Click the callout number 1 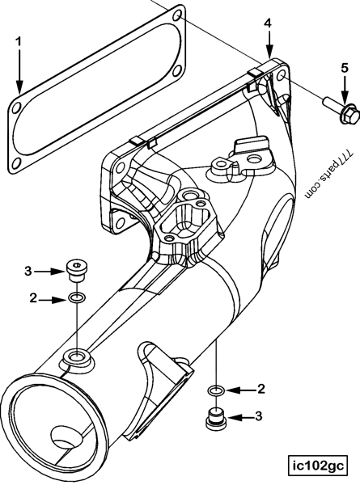[19, 41]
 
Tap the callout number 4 [268, 23]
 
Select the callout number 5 [345, 68]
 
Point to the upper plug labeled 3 [77, 270]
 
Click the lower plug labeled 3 [216, 420]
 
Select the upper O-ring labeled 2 [77, 298]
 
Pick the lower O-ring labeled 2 [216, 390]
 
